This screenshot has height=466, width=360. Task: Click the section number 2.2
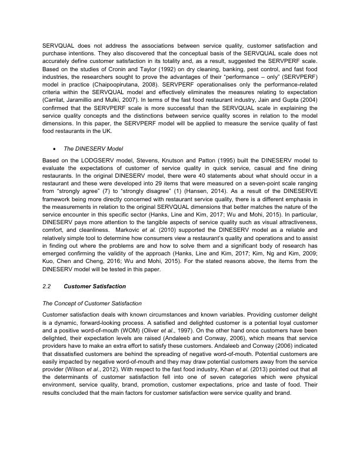(x=46, y=286)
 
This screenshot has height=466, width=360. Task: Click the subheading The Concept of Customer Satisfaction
(x=92, y=302)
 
